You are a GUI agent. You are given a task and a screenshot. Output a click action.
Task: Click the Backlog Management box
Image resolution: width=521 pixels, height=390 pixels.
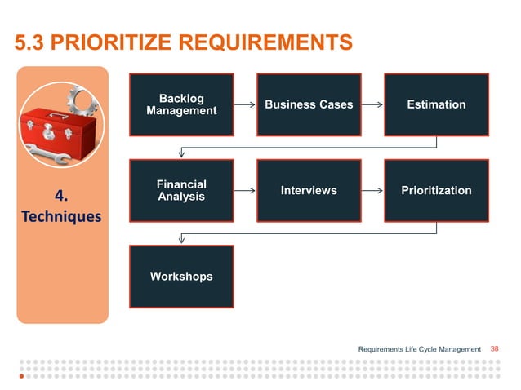181,104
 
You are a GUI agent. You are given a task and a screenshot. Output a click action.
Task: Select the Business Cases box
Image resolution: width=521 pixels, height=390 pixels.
309,104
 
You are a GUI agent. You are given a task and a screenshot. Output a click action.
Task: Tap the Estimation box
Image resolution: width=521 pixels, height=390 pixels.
436,104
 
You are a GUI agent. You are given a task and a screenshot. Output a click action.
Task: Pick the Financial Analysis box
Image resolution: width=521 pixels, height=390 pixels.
181,190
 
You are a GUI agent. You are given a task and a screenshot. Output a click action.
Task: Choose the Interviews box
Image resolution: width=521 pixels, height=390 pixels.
309,190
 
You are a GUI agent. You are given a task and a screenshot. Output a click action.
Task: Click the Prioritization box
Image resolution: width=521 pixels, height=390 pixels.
436,190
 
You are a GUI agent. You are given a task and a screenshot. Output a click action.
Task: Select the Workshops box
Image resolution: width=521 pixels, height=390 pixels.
181,277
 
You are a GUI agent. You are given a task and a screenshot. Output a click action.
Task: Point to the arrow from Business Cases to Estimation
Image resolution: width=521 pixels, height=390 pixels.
372,104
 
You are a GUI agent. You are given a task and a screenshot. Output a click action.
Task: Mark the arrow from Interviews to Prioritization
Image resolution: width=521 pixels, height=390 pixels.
372,191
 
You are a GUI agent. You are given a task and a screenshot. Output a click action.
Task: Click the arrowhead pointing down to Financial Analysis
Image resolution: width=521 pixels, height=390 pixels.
181,153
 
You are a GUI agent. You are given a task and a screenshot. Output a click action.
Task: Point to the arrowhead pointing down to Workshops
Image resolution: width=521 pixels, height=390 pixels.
181,239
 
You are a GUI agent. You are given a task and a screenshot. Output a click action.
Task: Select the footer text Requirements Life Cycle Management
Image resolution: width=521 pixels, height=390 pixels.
420,350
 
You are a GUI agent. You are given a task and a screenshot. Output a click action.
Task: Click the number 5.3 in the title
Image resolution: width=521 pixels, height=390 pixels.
31,42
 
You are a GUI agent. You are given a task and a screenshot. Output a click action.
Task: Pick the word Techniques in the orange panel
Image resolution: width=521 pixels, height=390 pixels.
63,217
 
